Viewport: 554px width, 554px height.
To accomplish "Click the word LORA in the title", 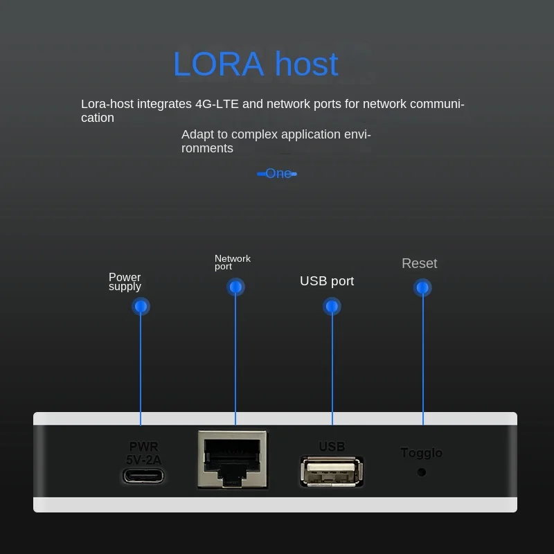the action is pyautogui.click(x=219, y=64).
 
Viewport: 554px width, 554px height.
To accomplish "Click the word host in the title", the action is pyautogui.click(x=306, y=64).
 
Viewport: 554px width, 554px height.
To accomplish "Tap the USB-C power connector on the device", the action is pyautogui.click(x=144, y=476).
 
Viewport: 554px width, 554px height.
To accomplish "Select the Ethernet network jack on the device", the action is pyautogui.click(x=232, y=460).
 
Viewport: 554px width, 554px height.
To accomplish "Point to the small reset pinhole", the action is pyautogui.click(x=421, y=472).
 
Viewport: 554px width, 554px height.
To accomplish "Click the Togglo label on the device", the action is pyautogui.click(x=421, y=453).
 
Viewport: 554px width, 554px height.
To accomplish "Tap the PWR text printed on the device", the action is pyautogui.click(x=144, y=447).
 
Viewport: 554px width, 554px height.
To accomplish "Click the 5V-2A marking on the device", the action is pyautogui.click(x=144, y=459).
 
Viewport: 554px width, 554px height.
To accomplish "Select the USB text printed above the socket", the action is pyautogui.click(x=332, y=447).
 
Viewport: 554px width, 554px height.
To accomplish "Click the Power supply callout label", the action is pyautogui.click(x=125, y=282).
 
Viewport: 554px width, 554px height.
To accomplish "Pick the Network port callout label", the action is pyautogui.click(x=232, y=262).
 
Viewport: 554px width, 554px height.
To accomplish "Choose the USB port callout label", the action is pyautogui.click(x=327, y=281).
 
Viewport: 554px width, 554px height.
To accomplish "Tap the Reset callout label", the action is pyautogui.click(x=420, y=264).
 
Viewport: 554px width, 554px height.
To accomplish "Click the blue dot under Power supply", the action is pyautogui.click(x=141, y=306).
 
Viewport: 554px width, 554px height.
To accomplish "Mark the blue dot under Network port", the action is pyautogui.click(x=235, y=287).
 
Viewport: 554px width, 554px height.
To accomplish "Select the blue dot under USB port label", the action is pyautogui.click(x=332, y=306).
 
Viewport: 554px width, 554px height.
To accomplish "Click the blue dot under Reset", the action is pyautogui.click(x=423, y=287).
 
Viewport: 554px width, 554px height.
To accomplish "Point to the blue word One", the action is pyautogui.click(x=278, y=174).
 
